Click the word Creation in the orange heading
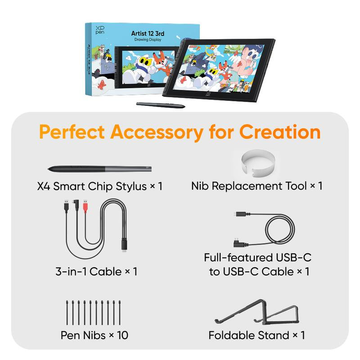[x=280, y=132]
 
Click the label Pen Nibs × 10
[x=94, y=335]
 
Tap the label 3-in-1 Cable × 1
[x=96, y=271]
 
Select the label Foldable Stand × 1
[x=256, y=335]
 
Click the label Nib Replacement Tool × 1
[x=256, y=185]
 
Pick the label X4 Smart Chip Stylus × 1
[x=99, y=185]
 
